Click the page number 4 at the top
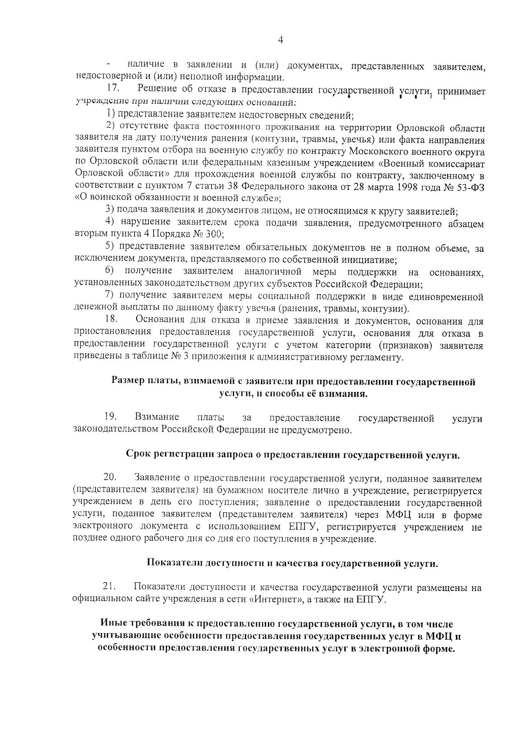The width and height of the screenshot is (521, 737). point(280,40)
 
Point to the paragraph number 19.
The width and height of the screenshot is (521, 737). point(111,418)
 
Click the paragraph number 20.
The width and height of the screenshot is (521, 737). point(111,478)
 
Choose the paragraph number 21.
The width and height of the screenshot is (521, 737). point(110,588)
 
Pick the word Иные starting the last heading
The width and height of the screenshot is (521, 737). point(112,624)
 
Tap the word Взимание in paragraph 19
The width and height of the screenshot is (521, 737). point(157,418)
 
